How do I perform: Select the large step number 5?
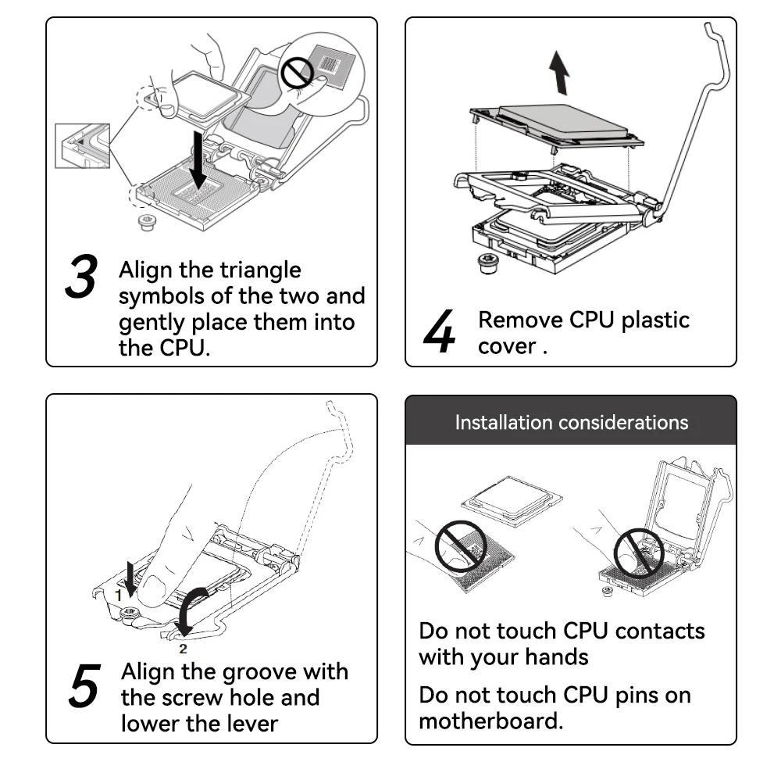click(x=84, y=685)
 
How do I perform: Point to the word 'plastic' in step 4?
click(x=650, y=320)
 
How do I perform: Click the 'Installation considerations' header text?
click(x=572, y=423)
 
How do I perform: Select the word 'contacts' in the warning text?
click(x=656, y=631)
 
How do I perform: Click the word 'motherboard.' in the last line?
click(x=490, y=720)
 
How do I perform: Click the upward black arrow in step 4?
click(x=558, y=72)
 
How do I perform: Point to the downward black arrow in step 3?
click(x=200, y=159)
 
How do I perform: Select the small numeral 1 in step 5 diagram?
click(x=119, y=595)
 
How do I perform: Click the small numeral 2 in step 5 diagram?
click(x=184, y=648)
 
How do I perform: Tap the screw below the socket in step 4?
click(x=487, y=263)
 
